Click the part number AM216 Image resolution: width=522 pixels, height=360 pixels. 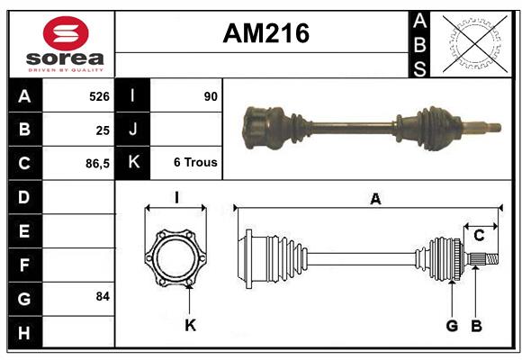[x=265, y=33]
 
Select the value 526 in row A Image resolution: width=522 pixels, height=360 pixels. [x=98, y=96]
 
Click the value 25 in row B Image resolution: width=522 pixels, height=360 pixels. [x=102, y=130]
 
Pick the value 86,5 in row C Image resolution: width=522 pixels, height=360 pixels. [x=96, y=164]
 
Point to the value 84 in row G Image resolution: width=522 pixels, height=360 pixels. [x=102, y=296]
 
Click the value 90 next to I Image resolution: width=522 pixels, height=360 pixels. [x=211, y=96]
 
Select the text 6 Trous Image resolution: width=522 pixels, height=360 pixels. [x=195, y=164]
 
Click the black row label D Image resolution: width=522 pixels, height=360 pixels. [x=24, y=197]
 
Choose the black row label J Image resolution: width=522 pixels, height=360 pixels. [x=132, y=130]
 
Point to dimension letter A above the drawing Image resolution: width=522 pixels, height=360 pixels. [x=375, y=200]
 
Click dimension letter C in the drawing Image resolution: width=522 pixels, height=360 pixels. [x=479, y=236]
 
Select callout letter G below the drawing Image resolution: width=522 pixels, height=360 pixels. [x=452, y=325]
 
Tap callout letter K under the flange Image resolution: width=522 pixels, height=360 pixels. [x=190, y=325]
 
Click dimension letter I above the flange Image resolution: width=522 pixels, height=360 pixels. [x=176, y=198]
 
